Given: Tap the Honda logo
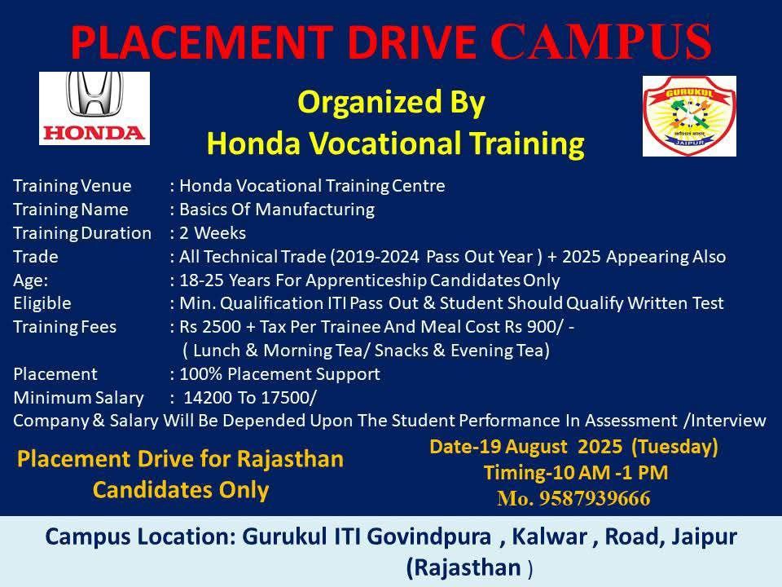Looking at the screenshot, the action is coord(94,108).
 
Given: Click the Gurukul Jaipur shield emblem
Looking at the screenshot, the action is coord(689,117).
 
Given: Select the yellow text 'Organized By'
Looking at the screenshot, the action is coord(391,102).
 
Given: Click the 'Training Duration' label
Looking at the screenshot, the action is coord(82,233).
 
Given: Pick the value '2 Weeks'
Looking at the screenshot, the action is coord(213,233).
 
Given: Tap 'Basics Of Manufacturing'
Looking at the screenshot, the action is coord(277,210).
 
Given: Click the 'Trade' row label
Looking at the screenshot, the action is coord(35,257).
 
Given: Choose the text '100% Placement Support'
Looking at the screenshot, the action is coord(279,374).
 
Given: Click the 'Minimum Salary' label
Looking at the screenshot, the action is coord(79,398).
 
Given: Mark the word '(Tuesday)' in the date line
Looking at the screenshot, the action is coord(674,447).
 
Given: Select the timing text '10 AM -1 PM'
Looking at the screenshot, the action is coord(609,472).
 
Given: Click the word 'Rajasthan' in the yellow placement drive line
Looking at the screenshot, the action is coord(290,459).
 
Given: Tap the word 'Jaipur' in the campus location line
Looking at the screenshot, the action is coord(704,537).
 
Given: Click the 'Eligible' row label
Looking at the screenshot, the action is coord(42,303).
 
